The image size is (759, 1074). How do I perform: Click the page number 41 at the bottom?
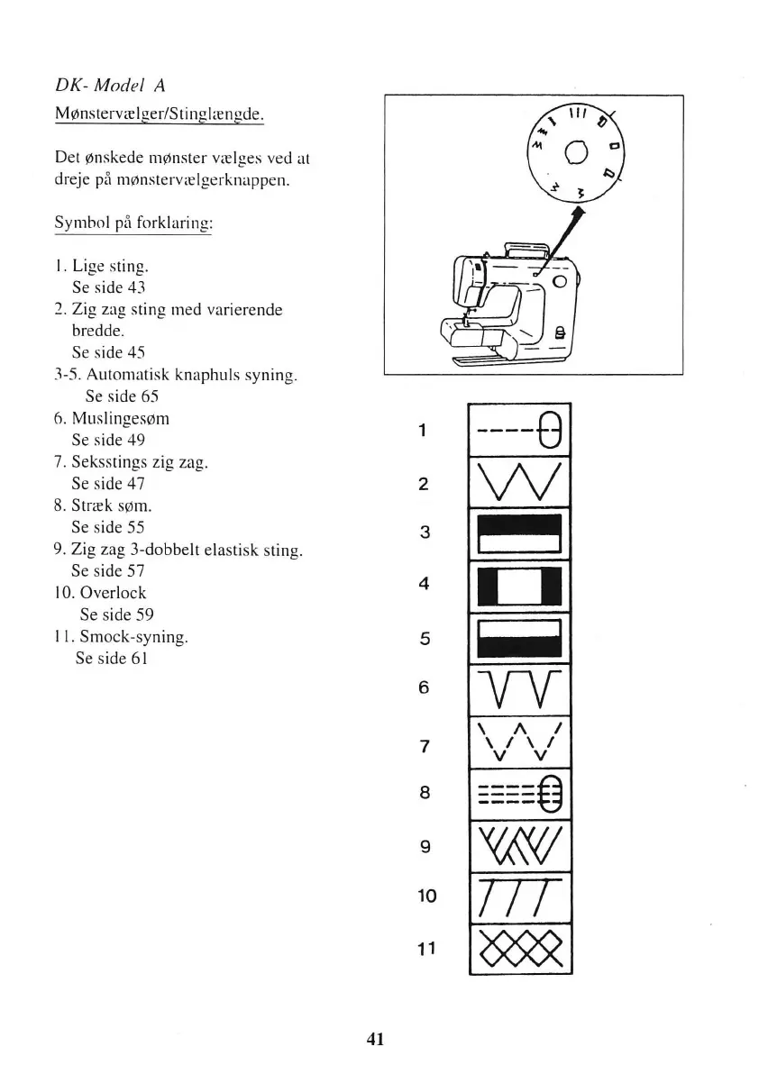coord(376,1039)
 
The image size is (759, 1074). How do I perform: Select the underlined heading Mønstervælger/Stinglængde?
coord(159,114)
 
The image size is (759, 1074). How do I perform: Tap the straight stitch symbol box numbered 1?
coord(520,430)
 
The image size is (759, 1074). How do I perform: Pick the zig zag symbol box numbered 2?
coord(520,482)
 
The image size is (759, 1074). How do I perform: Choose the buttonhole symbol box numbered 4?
coord(520,586)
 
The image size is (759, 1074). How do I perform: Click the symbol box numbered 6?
coord(520,689)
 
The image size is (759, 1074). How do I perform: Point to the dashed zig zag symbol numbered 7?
coord(520,742)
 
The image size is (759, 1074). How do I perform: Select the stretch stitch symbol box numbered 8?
coord(520,794)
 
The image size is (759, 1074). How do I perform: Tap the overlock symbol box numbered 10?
coord(520,897)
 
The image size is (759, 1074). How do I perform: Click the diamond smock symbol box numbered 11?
coord(520,948)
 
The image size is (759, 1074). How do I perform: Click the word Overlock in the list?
coord(113,593)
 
